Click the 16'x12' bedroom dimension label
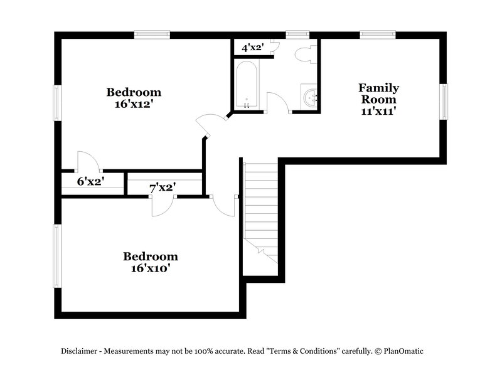(x=134, y=104)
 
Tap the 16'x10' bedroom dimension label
(x=150, y=268)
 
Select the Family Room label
(x=378, y=99)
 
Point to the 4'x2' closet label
(x=252, y=47)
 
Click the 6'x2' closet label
(x=90, y=182)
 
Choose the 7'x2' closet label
(x=162, y=187)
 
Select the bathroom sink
(x=310, y=98)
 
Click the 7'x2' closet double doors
(x=163, y=205)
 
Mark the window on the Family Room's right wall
(x=444, y=101)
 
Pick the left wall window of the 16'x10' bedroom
(x=58, y=256)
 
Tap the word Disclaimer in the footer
(x=80, y=351)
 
